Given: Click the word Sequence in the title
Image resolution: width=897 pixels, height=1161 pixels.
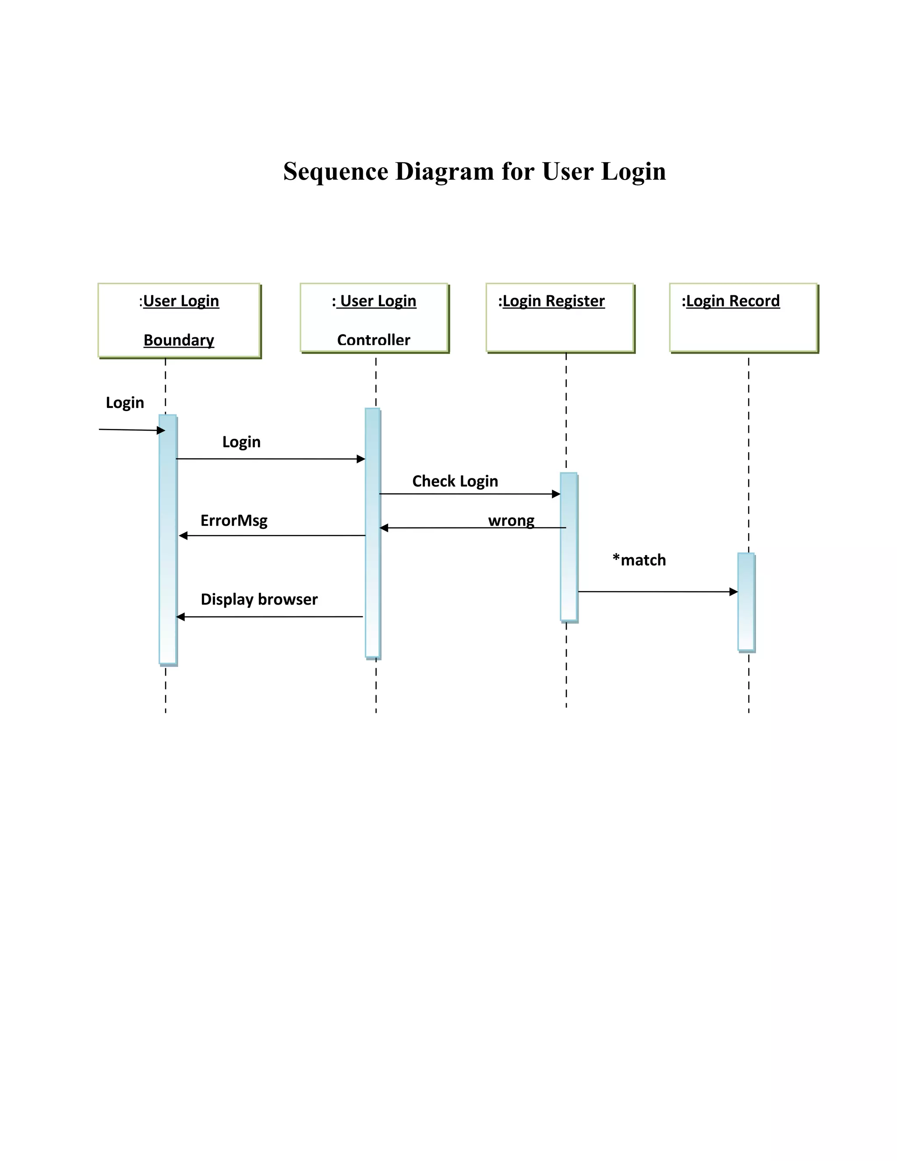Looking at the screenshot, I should [x=335, y=172].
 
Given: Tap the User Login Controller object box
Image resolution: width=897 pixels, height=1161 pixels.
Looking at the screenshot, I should [x=374, y=318].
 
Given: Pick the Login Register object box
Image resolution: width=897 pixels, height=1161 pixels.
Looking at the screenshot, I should [x=560, y=318].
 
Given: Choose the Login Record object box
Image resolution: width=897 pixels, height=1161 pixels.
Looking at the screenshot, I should [x=743, y=318].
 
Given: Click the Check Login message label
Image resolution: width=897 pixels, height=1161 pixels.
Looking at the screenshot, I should [x=455, y=481].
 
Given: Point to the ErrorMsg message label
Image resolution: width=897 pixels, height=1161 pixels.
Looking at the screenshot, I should [x=234, y=520].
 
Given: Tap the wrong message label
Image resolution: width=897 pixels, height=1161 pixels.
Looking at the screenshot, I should [x=511, y=520].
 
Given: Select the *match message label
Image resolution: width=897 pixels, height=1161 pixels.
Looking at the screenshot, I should [x=639, y=560].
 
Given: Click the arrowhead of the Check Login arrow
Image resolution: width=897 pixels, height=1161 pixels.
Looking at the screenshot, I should [x=556, y=494].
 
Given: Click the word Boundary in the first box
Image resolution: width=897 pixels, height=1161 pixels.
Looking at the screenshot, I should [x=179, y=340].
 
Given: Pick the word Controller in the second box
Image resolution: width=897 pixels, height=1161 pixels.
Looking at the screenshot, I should [x=374, y=340].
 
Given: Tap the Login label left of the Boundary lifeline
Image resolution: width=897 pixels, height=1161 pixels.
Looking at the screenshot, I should [x=125, y=403].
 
